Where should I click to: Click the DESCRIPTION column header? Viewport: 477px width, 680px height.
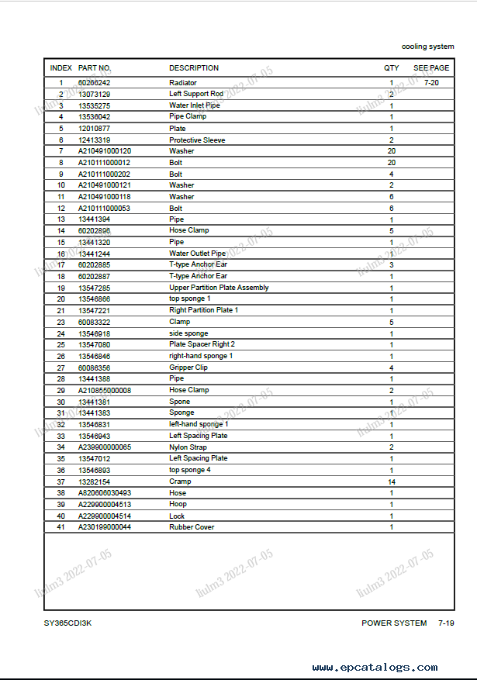pyautogui.click(x=194, y=68)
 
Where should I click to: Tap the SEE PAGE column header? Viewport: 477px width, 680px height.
pyautogui.click(x=430, y=68)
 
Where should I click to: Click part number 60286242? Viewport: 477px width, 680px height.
pyautogui.click(x=95, y=83)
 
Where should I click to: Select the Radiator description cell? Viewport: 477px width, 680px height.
pyautogui.click(x=183, y=83)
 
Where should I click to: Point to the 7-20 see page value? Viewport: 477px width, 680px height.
pyautogui.click(x=431, y=83)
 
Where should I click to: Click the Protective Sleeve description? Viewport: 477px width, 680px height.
pyautogui.click(x=197, y=140)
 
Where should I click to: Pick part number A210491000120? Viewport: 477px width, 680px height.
pyautogui.click(x=105, y=151)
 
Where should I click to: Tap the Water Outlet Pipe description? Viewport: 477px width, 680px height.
pyautogui.click(x=197, y=254)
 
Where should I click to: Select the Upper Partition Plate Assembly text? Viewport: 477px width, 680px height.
pyautogui.click(x=219, y=288)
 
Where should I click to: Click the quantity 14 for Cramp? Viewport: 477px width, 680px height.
pyautogui.click(x=392, y=482)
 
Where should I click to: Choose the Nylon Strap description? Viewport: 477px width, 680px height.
pyautogui.click(x=188, y=447)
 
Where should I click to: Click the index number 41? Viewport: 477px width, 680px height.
pyautogui.click(x=60, y=527)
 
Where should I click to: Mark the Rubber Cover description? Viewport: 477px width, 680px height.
pyautogui.click(x=192, y=527)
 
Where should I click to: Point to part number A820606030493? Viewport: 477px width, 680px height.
pyautogui.click(x=105, y=493)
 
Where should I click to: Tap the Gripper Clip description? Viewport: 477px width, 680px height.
pyautogui.click(x=188, y=368)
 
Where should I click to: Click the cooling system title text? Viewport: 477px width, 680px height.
pyautogui.click(x=427, y=47)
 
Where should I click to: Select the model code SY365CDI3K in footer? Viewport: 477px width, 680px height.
pyautogui.click(x=69, y=623)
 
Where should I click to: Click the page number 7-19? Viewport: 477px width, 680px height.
pyautogui.click(x=446, y=623)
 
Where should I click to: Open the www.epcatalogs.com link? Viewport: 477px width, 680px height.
pyautogui.click(x=375, y=668)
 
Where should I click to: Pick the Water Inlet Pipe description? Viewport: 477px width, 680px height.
pyautogui.click(x=195, y=105)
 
